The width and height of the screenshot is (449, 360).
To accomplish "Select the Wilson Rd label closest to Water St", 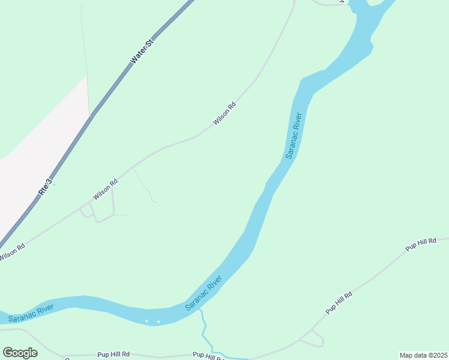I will pos(224,114).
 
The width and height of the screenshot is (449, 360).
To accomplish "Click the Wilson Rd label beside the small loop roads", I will pos(104,189).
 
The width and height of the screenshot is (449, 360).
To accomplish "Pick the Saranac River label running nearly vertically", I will pos(294,135).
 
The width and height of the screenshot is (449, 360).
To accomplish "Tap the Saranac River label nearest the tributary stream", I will pos(203,293).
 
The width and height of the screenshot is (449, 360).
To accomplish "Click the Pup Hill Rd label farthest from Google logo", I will pos(420,244).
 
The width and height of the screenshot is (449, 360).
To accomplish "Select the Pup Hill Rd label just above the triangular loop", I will pos(339,302).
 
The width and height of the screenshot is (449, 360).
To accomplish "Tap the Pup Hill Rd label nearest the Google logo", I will pos(113,355).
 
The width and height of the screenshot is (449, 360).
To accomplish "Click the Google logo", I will pos(20,352).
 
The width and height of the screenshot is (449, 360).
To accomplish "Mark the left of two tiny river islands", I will pos(147,321).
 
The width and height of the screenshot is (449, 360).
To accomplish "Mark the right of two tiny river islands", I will pos(158,322).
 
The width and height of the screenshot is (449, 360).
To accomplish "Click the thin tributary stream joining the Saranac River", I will pos(204,330).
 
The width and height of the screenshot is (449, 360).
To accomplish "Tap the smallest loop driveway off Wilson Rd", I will pos(87,211).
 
